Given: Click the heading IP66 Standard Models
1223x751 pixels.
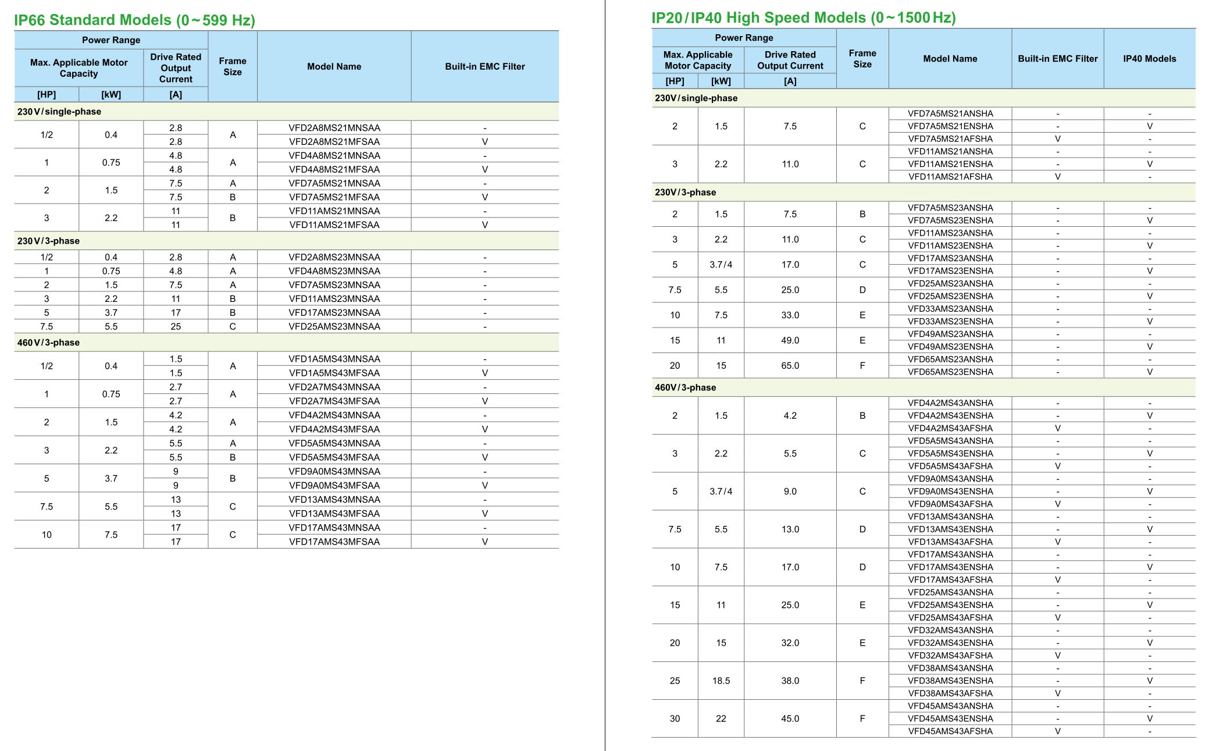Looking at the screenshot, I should (x=134, y=20).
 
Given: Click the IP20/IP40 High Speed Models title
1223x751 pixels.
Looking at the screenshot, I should (x=803, y=18).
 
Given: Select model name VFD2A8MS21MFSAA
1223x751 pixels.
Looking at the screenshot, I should (x=334, y=141).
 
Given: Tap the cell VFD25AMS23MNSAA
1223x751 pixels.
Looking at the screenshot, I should (x=334, y=326).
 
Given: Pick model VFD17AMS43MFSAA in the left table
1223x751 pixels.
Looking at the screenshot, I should (x=334, y=542).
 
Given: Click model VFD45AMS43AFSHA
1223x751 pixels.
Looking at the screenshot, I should (x=950, y=731).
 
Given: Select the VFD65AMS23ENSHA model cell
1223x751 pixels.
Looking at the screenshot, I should (x=950, y=372).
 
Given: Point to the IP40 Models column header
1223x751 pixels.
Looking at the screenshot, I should (x=1149, y=59).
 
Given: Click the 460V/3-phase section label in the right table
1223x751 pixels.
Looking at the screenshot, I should (x=685, y=387).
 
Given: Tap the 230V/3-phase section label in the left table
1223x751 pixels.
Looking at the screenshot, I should (x=48, y=241).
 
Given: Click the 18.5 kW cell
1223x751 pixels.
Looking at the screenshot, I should (x=721, y=681).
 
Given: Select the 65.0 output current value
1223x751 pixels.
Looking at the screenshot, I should (x=790, y=365).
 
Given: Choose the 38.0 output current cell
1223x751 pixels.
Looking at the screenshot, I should (x=790, y=681).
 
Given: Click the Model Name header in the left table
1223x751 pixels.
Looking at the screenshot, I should (x=334, y=66).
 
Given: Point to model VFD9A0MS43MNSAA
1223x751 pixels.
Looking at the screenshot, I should (x=334, y=471).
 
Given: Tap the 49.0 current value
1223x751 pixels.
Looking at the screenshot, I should (x=790, y=340).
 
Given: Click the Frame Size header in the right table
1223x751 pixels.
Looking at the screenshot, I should (x=862, y=59).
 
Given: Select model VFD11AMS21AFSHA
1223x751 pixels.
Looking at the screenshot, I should (x=950, y=177).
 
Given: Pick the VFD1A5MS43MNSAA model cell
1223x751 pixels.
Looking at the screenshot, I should (x=334, y=359).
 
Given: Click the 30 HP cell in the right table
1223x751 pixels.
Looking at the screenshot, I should (x=675, y=718).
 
